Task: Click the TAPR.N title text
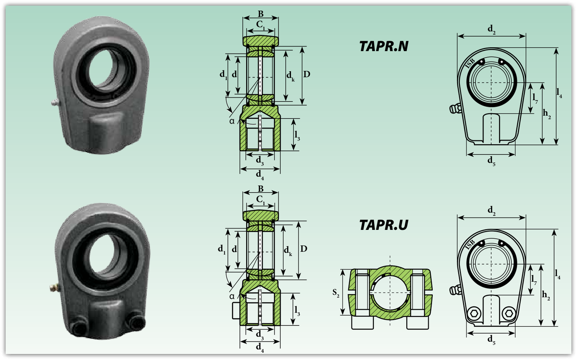(x=384, y=47)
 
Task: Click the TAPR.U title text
(x=384, y=225)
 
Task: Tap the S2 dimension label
(x=335, y=293)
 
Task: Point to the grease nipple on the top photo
(x=56, y=103)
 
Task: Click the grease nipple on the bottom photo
(x=54, y=287)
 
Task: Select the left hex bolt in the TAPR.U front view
(x=474, y=313)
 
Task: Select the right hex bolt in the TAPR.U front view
(x=509, y=313)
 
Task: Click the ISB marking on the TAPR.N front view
(x=470, y=63)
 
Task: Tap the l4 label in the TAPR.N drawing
(x=559, y=93)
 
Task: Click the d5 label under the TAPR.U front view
(x=491, y=340)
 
